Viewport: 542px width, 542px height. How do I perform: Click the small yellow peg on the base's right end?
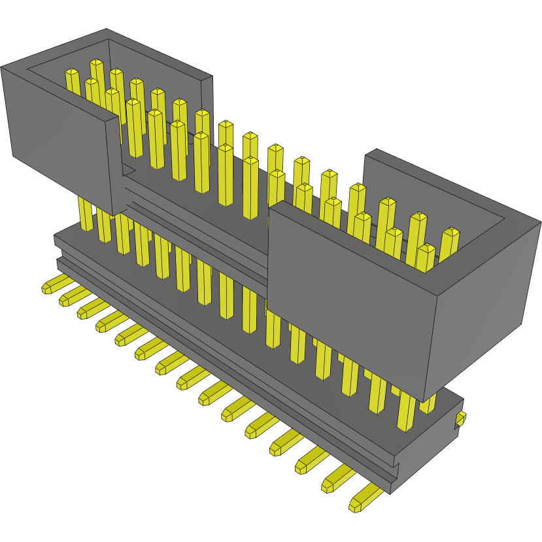click(x=461, y=418)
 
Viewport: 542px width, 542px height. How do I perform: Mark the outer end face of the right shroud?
click(x=484, y=307)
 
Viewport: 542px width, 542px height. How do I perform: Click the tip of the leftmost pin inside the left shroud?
click(x=72, y=72)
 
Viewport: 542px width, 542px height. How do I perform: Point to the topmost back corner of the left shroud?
click(x=107, y=30)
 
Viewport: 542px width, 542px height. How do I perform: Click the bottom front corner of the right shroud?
click(x=425, y=400)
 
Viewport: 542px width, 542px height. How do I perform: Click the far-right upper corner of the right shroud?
click(x=541, y=223)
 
